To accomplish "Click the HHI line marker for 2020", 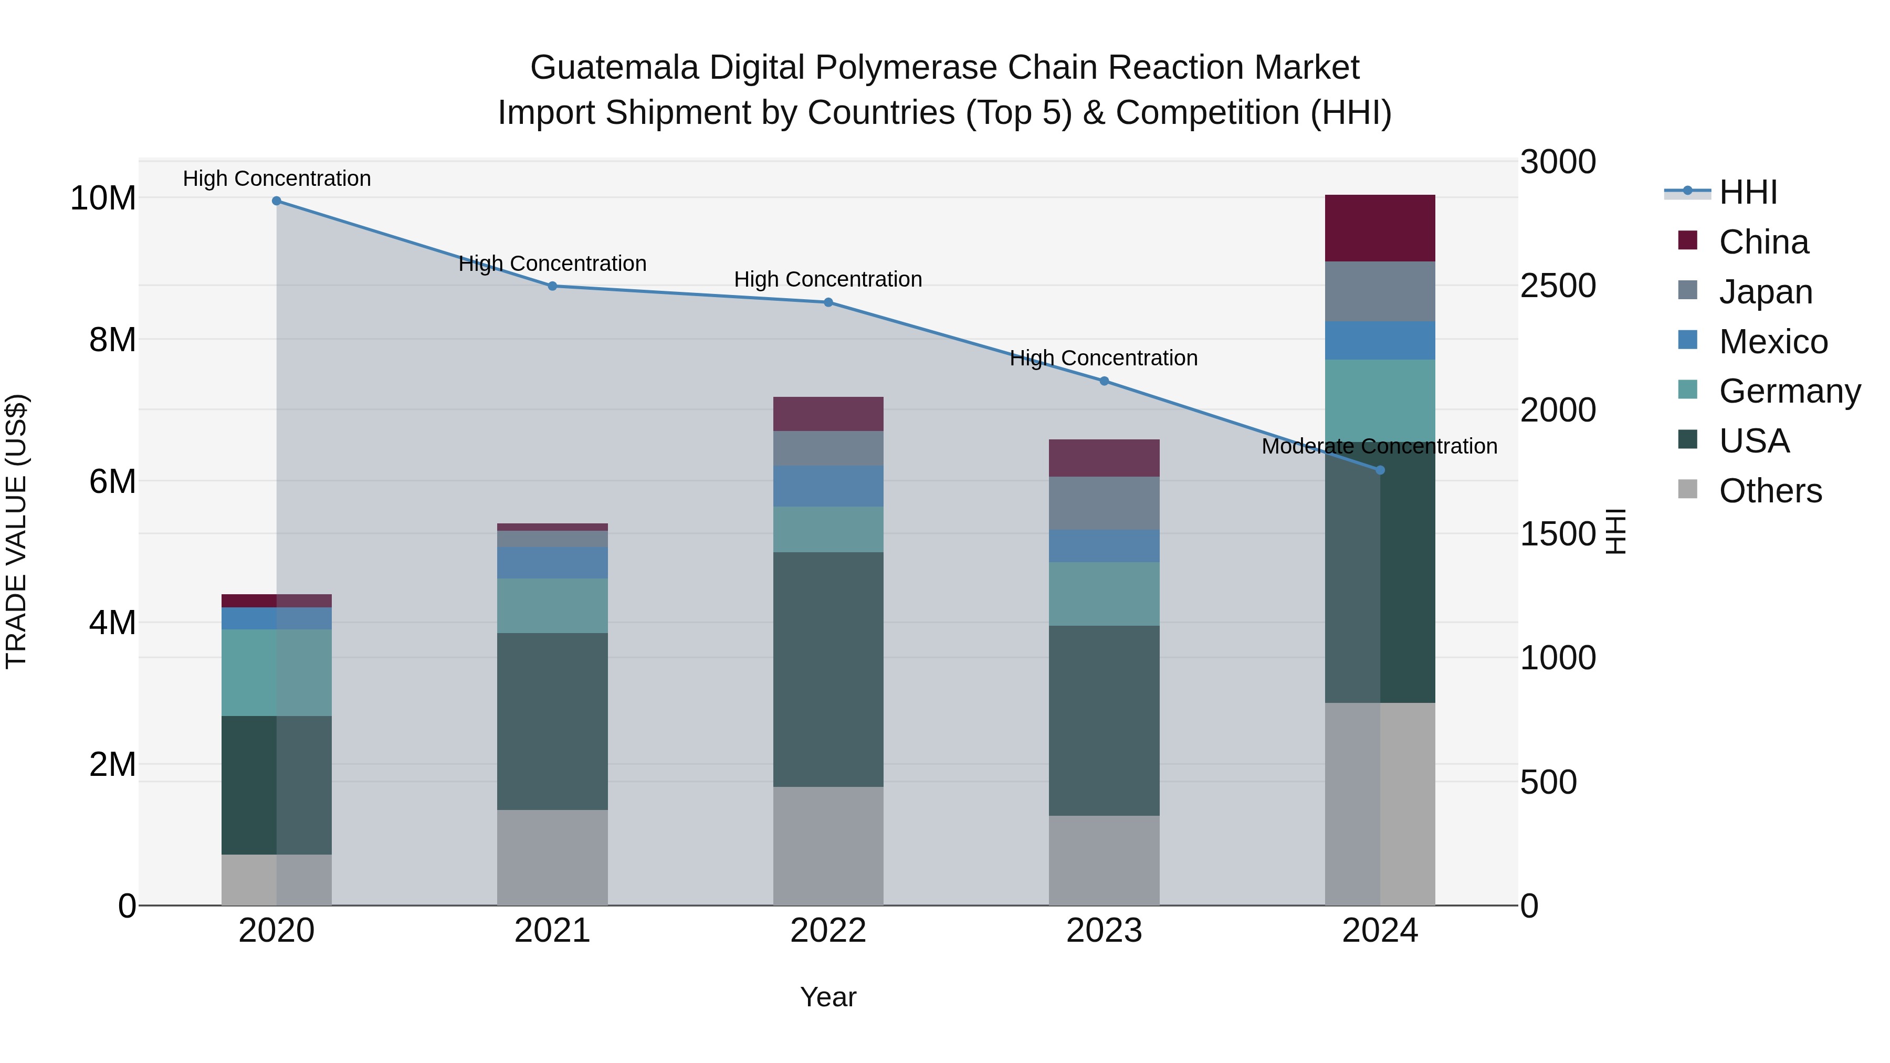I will coord(277,201).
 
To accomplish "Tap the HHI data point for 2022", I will coord(828,302).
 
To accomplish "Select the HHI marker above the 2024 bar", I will coord(1380,470).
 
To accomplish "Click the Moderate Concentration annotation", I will coord(1379,446).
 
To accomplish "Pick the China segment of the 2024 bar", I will coord(1380,228).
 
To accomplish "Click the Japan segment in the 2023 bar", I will coord(1104,503).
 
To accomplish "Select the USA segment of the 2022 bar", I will coord(828,669).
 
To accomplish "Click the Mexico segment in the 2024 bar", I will coord(1380,340).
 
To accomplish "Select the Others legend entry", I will coord(1770,491).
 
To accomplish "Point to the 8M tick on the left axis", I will coord(112,340).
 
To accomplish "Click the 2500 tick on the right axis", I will coord(1558,286).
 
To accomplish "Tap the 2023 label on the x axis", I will coord(1104,931).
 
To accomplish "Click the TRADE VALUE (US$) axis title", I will coord(16,531).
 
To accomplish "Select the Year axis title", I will coord(828,997).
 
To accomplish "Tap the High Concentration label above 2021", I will coord(552,264).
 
